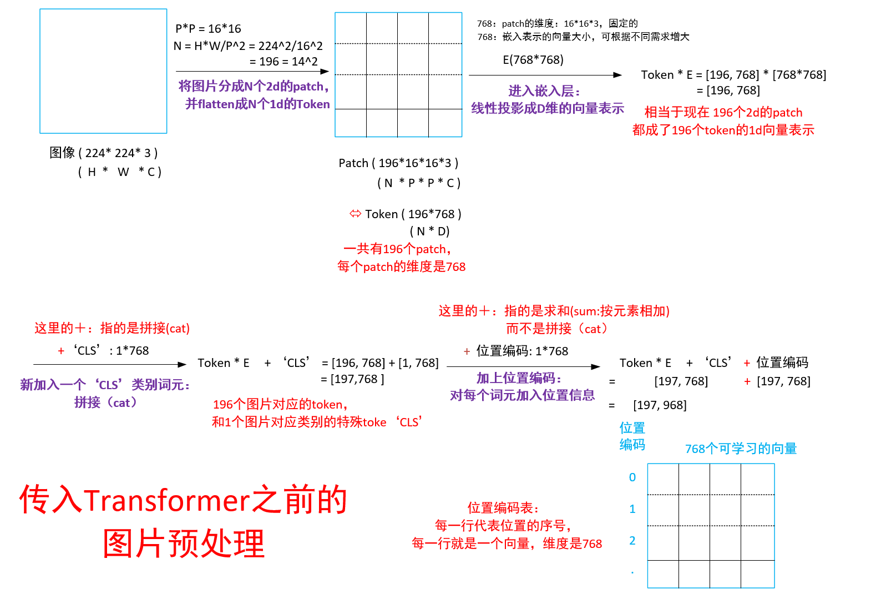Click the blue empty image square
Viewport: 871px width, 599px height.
pos(103,71)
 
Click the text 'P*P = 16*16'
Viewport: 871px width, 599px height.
pos(208,28)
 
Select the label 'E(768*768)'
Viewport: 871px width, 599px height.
pos(533,60)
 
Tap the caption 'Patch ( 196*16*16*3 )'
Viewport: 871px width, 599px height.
pos(398,163)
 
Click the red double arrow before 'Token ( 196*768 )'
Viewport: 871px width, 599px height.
pos(355,214)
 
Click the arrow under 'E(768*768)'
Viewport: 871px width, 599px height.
pos(545,75)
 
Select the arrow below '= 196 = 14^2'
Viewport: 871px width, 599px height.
pos(252,72)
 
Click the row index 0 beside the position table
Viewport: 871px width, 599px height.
pos(632,477)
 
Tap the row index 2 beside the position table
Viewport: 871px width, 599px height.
pos(632,541)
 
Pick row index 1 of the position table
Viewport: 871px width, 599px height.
pos(632,509)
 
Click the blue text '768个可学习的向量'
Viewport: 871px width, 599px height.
pos(741,449)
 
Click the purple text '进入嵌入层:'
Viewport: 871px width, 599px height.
pos(544,91)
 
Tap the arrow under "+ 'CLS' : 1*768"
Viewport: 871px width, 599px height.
pos(110,365)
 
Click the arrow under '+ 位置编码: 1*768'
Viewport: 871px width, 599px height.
pos(523,367)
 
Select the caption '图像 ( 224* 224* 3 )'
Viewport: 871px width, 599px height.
pos(104,153)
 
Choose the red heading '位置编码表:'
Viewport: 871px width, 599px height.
pos(503,508)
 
